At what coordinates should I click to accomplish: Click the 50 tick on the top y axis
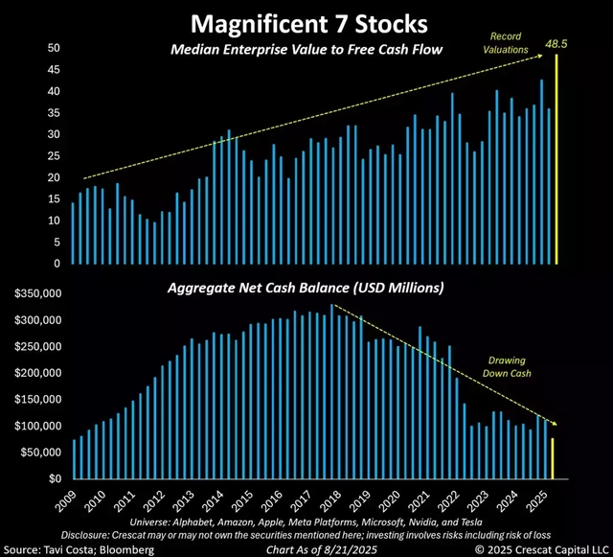[x=54, y=48]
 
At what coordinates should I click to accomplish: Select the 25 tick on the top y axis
[x=54, y=156]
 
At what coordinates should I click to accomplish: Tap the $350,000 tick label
[x=34, y=293]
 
